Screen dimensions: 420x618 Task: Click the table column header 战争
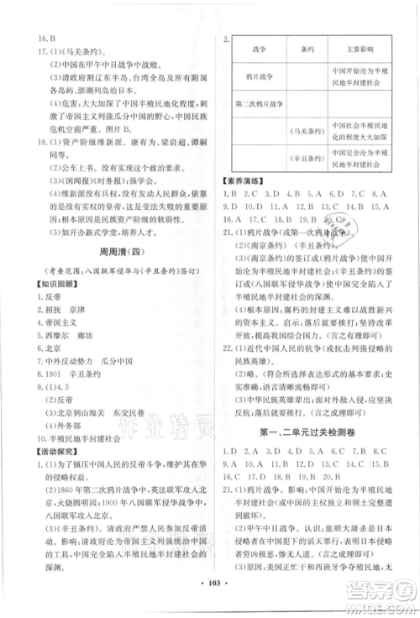tap(256, 50)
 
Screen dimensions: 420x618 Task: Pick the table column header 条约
tap(305, 50)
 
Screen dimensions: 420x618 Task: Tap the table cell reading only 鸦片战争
tap(256, 77)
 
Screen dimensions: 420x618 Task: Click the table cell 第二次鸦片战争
tap(256, 104)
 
